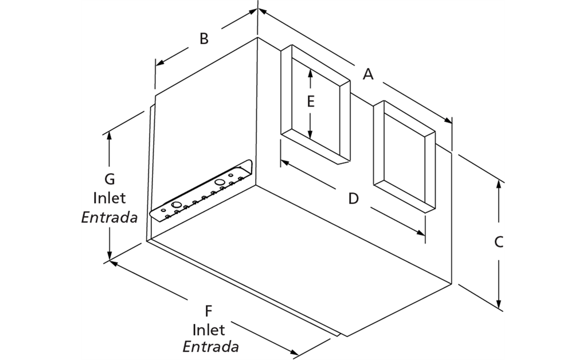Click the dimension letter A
pos(368,74)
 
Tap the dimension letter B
pos(204,39)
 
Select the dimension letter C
pos(499,242)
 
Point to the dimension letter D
pos(353,198)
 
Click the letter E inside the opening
pos(310,101)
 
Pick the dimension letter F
pos(209,311)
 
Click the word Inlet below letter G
pos(109,198)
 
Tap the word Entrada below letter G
pos(109,218)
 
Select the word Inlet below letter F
pos(209,330)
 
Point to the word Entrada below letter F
pos(210,347)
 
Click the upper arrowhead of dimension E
pos(310,72)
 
